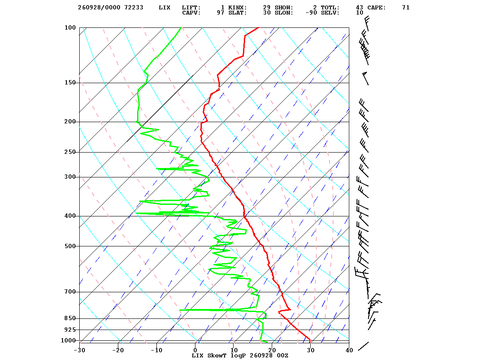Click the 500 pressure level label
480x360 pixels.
point(70,246)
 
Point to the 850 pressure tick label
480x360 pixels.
point(70,318)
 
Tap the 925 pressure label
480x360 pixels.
point(70,330)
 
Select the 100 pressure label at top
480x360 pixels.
point(70,27)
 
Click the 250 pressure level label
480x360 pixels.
point(70,152)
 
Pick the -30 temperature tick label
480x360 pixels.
point(79,351)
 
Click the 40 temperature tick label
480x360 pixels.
point(349,351)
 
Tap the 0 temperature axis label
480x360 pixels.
point(195,351)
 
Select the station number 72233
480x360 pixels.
point(134,8)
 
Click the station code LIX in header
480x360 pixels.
point(165,8)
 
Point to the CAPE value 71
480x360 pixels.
point(406,8)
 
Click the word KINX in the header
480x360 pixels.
point(237,8)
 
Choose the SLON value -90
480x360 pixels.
point(311,13)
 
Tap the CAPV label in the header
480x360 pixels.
point(191,13)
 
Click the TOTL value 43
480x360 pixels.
point(360,8)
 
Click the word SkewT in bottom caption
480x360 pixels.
point(217,356)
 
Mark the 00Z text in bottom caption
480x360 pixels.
point(282,356)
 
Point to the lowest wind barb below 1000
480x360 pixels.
point(363,346)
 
